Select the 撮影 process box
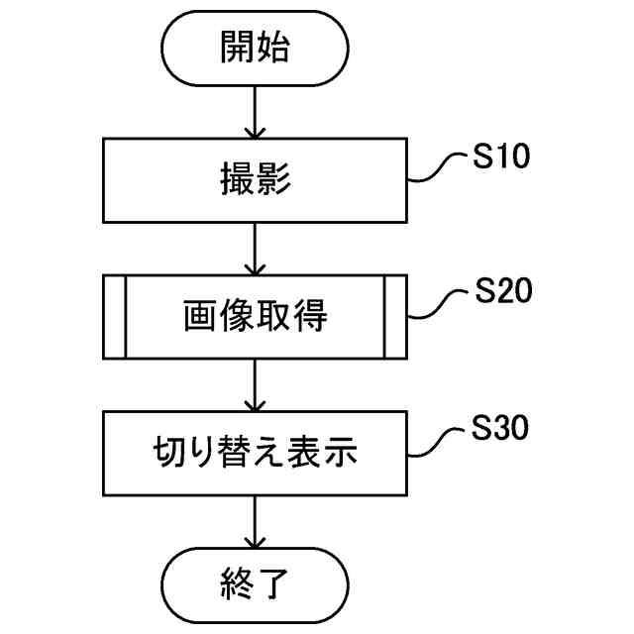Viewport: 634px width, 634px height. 256,180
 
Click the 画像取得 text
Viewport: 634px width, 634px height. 256,316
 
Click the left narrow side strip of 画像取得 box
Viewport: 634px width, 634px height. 115,316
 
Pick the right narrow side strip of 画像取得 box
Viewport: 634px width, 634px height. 396,316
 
